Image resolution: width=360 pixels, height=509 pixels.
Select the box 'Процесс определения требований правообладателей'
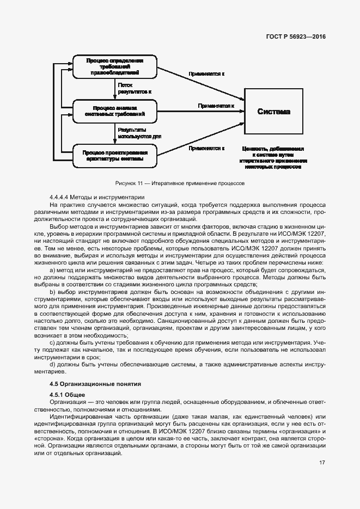coord(115,66)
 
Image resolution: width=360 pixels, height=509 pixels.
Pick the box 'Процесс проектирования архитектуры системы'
coord(115,156)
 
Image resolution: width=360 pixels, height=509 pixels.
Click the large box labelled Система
coord(273,112)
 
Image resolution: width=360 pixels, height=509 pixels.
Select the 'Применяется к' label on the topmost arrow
coord(206,73)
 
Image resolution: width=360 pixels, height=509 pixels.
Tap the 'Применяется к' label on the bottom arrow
coord(206,148)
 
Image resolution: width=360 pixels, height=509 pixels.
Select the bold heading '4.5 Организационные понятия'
coord(95,383)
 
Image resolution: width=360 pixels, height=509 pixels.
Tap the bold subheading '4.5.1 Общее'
coord(64,394)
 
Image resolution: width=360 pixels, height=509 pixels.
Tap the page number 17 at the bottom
coord(322,463)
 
